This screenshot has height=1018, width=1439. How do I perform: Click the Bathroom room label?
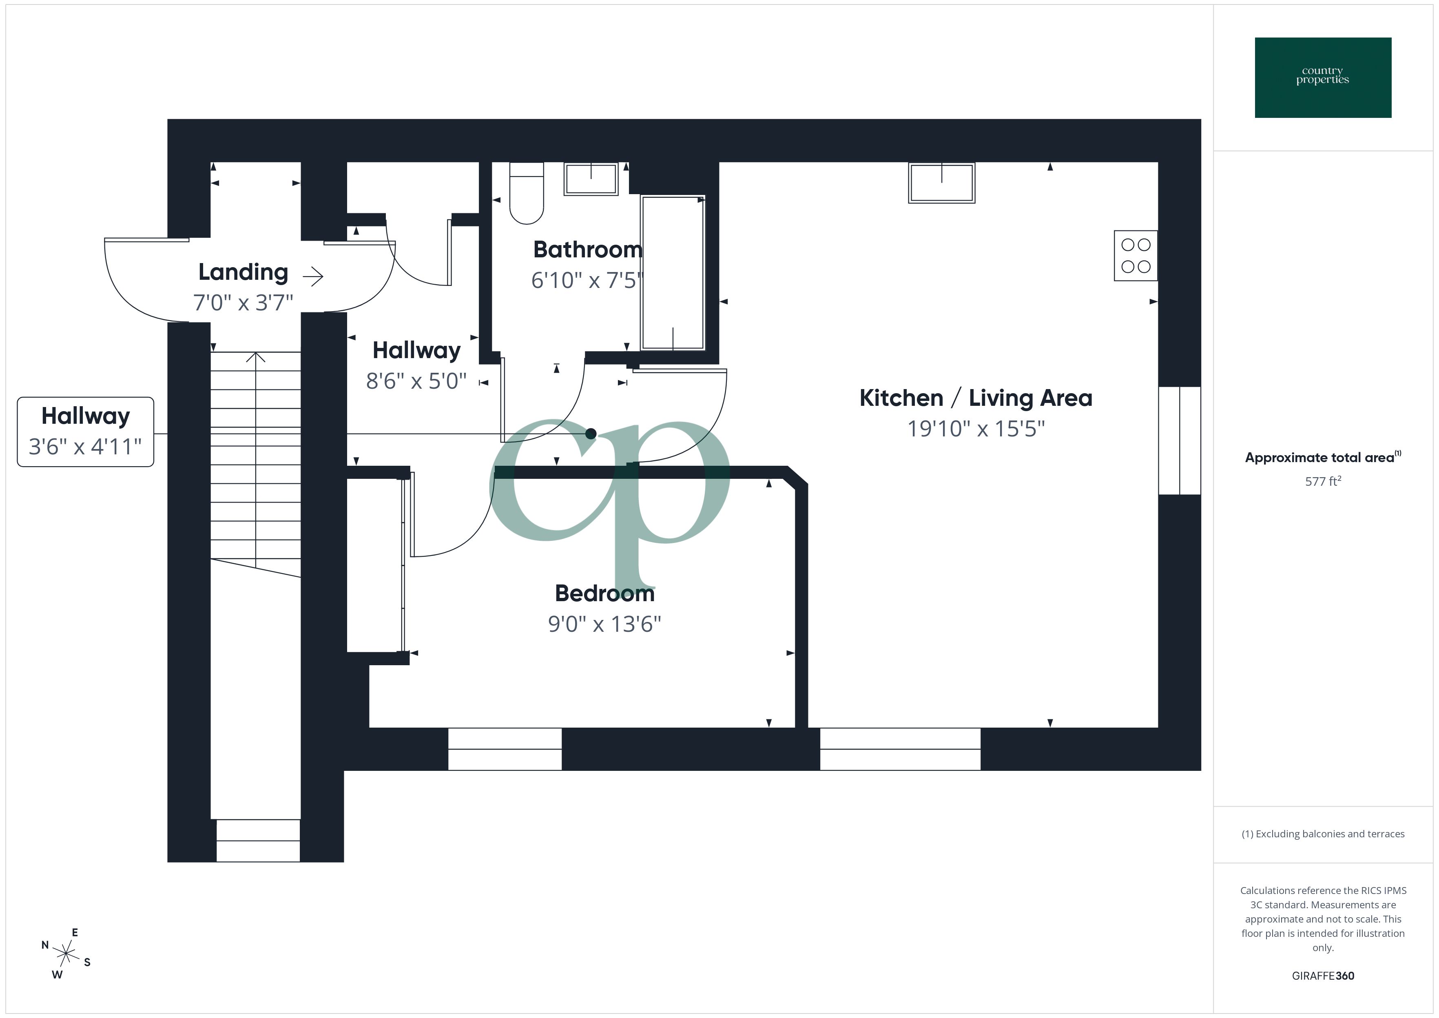(x=587, y=250)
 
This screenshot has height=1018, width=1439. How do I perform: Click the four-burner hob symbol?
(x=1135, y=256)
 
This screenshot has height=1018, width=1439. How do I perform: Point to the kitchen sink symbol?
(x=941, y=182)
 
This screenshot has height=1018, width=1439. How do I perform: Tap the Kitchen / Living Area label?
(x=975, y=398)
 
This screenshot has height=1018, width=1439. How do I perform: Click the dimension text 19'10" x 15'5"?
(x=976, y=429)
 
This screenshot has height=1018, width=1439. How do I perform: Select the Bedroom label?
(x=604, y=593)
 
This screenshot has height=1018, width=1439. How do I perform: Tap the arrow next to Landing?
(x=313, y=277)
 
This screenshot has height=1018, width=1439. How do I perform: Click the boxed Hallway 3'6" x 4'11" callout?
(x=85, y=431)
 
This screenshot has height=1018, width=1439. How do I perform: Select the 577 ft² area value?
(x=1322, y=481)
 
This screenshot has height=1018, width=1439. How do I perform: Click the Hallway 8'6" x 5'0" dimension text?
(x=416, y=381)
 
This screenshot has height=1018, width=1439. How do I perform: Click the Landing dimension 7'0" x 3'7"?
(x=243, y=303)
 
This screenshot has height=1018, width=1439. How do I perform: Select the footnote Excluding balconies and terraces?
(x=1322, y=834)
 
